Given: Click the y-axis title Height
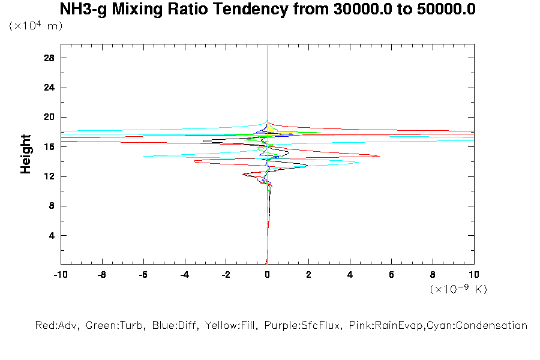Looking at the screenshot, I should click(x=26, y=154).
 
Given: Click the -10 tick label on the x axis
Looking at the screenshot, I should click(x=60, y=275).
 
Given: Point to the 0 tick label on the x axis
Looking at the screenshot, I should click(x=267, y=275).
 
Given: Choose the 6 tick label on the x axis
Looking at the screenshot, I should click(x=391, y=275).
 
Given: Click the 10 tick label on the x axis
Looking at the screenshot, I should click(x=473, y=275).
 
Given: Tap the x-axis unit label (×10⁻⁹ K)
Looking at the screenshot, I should click(x=458, y=289).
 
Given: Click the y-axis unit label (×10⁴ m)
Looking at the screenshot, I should click(x=36, y=26).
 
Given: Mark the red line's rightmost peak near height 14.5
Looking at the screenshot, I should click(x=379, y=156).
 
